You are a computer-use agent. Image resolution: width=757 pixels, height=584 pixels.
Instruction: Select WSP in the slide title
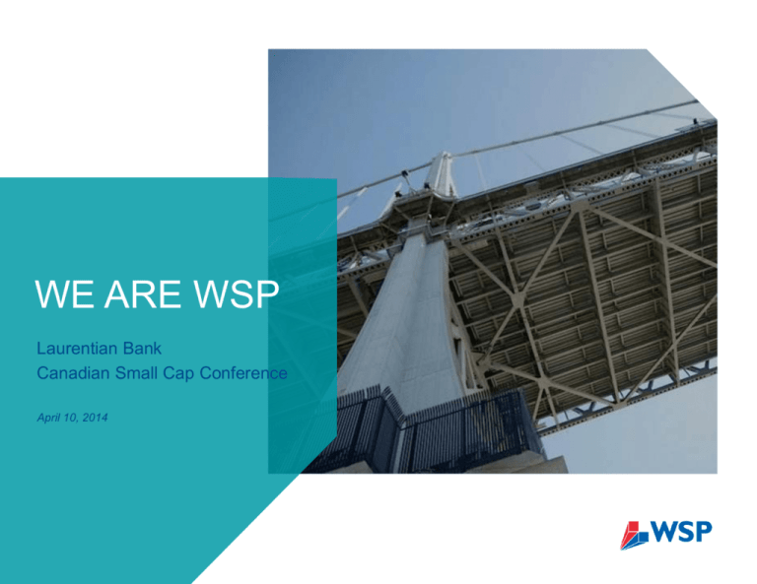tap(236, 293)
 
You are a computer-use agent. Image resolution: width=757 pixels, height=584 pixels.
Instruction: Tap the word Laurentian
tap(77, 349)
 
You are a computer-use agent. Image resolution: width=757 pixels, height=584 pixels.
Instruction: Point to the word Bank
tap(142, 349)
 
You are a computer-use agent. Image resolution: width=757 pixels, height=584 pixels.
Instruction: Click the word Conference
tap(243, 373)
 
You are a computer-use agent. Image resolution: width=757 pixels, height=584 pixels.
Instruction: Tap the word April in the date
tap(48, 418)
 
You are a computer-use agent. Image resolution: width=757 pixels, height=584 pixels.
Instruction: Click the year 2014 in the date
tap(95, 418)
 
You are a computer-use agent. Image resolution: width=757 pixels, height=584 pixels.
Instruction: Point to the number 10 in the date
tap(71, 418)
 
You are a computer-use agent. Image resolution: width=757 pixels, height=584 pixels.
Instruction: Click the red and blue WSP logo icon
tap(635, 536)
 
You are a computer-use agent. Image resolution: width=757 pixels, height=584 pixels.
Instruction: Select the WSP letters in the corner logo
tap(681, 532)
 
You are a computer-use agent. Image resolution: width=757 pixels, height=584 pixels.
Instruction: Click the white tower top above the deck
tap(443, 174)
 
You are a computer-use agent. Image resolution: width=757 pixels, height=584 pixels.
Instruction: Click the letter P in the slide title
tap(268, 293)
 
